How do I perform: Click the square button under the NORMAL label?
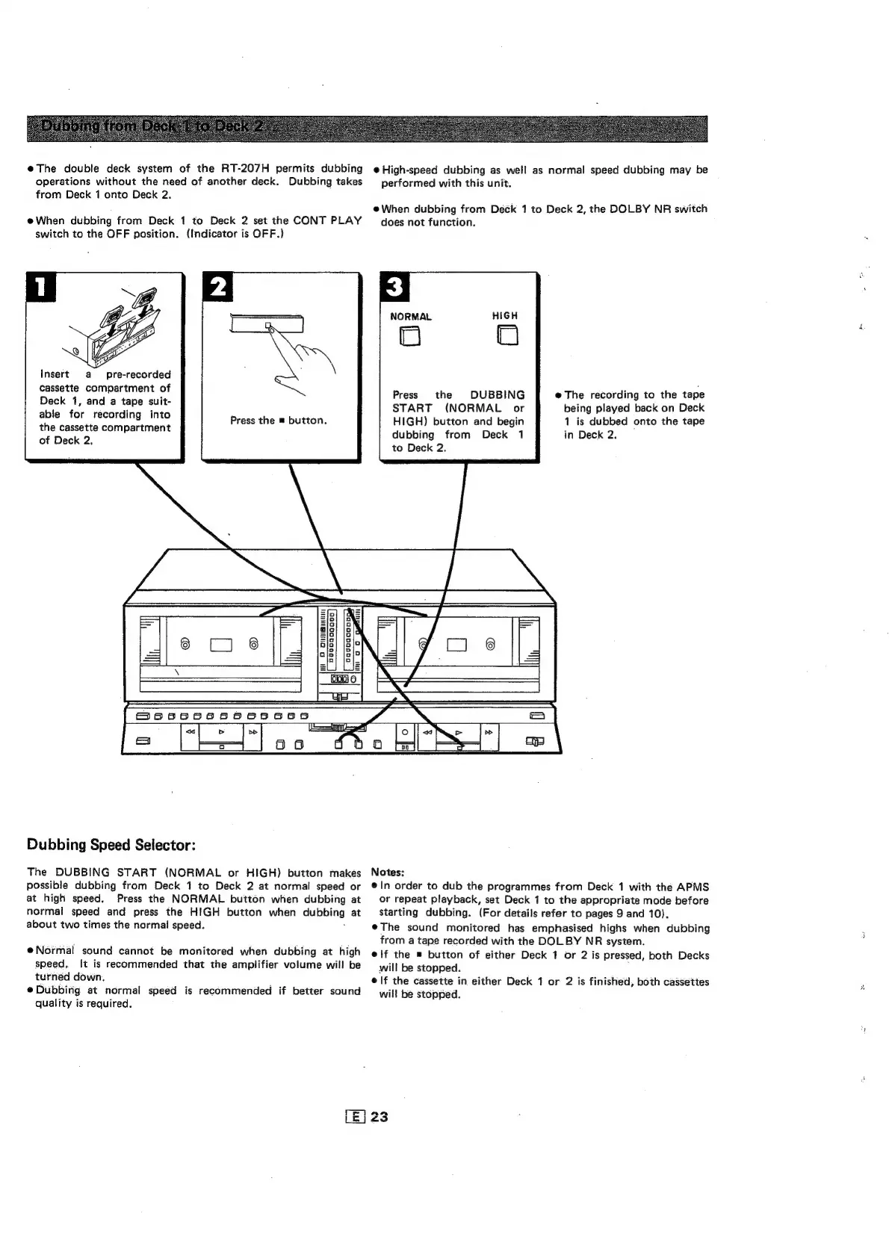409,338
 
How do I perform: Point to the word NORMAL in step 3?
411,317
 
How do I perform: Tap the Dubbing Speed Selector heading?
111,845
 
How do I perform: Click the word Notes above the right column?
387,872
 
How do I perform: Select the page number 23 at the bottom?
380,1117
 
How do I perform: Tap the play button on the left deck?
221,731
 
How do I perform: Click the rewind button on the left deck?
191,731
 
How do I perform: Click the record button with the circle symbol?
404,731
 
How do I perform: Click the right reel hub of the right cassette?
490,644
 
